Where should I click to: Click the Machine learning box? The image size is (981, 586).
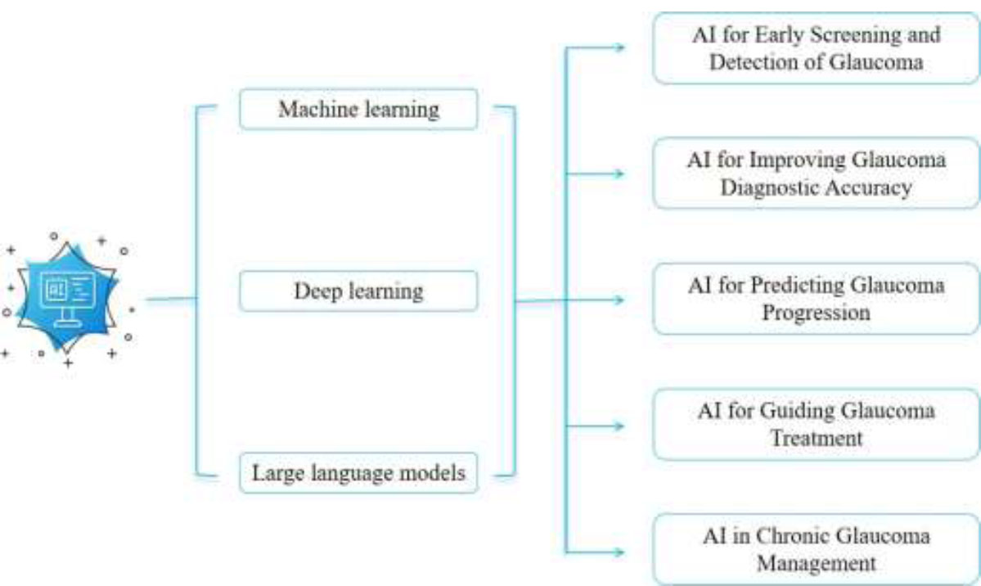[358, 109]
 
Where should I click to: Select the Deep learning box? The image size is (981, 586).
[358, 291]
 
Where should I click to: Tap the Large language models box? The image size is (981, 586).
[358, 473]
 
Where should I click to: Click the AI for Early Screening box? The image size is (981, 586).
[816, 48]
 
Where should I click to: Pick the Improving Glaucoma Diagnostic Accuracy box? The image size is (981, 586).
[816, 173]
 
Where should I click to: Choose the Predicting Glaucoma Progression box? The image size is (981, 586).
[816, 299]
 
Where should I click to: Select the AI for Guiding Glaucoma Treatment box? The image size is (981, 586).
[816, 424]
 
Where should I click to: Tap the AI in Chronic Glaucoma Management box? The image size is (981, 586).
[816, 550]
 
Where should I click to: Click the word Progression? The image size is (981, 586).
[816, 313]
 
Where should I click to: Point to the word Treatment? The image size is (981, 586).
[816, 438]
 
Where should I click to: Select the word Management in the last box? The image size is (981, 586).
[816, 564]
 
